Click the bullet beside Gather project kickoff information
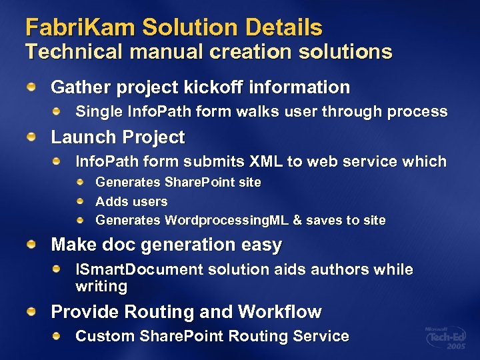click(31, 86)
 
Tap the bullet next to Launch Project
click(31, 136)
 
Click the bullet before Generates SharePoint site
click(80, 181)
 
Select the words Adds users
click(131, 201)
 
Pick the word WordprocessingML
click(225, 220)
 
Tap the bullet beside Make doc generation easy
click(31, 244)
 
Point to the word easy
click(262, 245)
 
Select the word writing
click(101, 287)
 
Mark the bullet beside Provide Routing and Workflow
click(31, 311)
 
